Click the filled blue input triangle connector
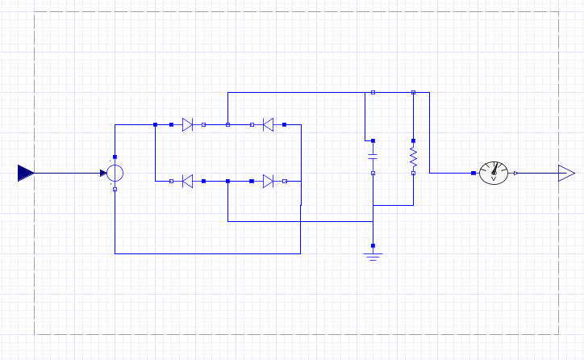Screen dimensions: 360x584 (26, 173)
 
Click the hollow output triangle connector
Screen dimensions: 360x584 (566, 173)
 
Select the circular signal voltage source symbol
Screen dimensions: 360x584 (115, 173)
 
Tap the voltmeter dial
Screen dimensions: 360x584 (494, 172)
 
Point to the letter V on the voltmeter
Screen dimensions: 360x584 (494, 178)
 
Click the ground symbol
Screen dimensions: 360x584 (373, 256)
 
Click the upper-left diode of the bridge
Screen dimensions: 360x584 (187, 125)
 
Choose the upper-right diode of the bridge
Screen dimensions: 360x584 (268, 125)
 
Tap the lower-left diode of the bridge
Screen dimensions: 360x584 (187, 182)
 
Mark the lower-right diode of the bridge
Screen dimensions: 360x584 (268, 182)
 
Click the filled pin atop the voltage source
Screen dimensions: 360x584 (115, 157)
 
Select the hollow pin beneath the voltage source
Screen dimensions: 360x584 (115, 189)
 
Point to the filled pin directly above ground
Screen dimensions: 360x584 (373, 245)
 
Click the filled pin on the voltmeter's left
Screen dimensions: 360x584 (473, 173)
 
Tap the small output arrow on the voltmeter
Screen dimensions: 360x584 (516, 173)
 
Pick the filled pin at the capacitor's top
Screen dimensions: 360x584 (373, 140)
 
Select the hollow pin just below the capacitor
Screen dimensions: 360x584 (373, 173)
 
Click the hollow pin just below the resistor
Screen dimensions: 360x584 (413, 173)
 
